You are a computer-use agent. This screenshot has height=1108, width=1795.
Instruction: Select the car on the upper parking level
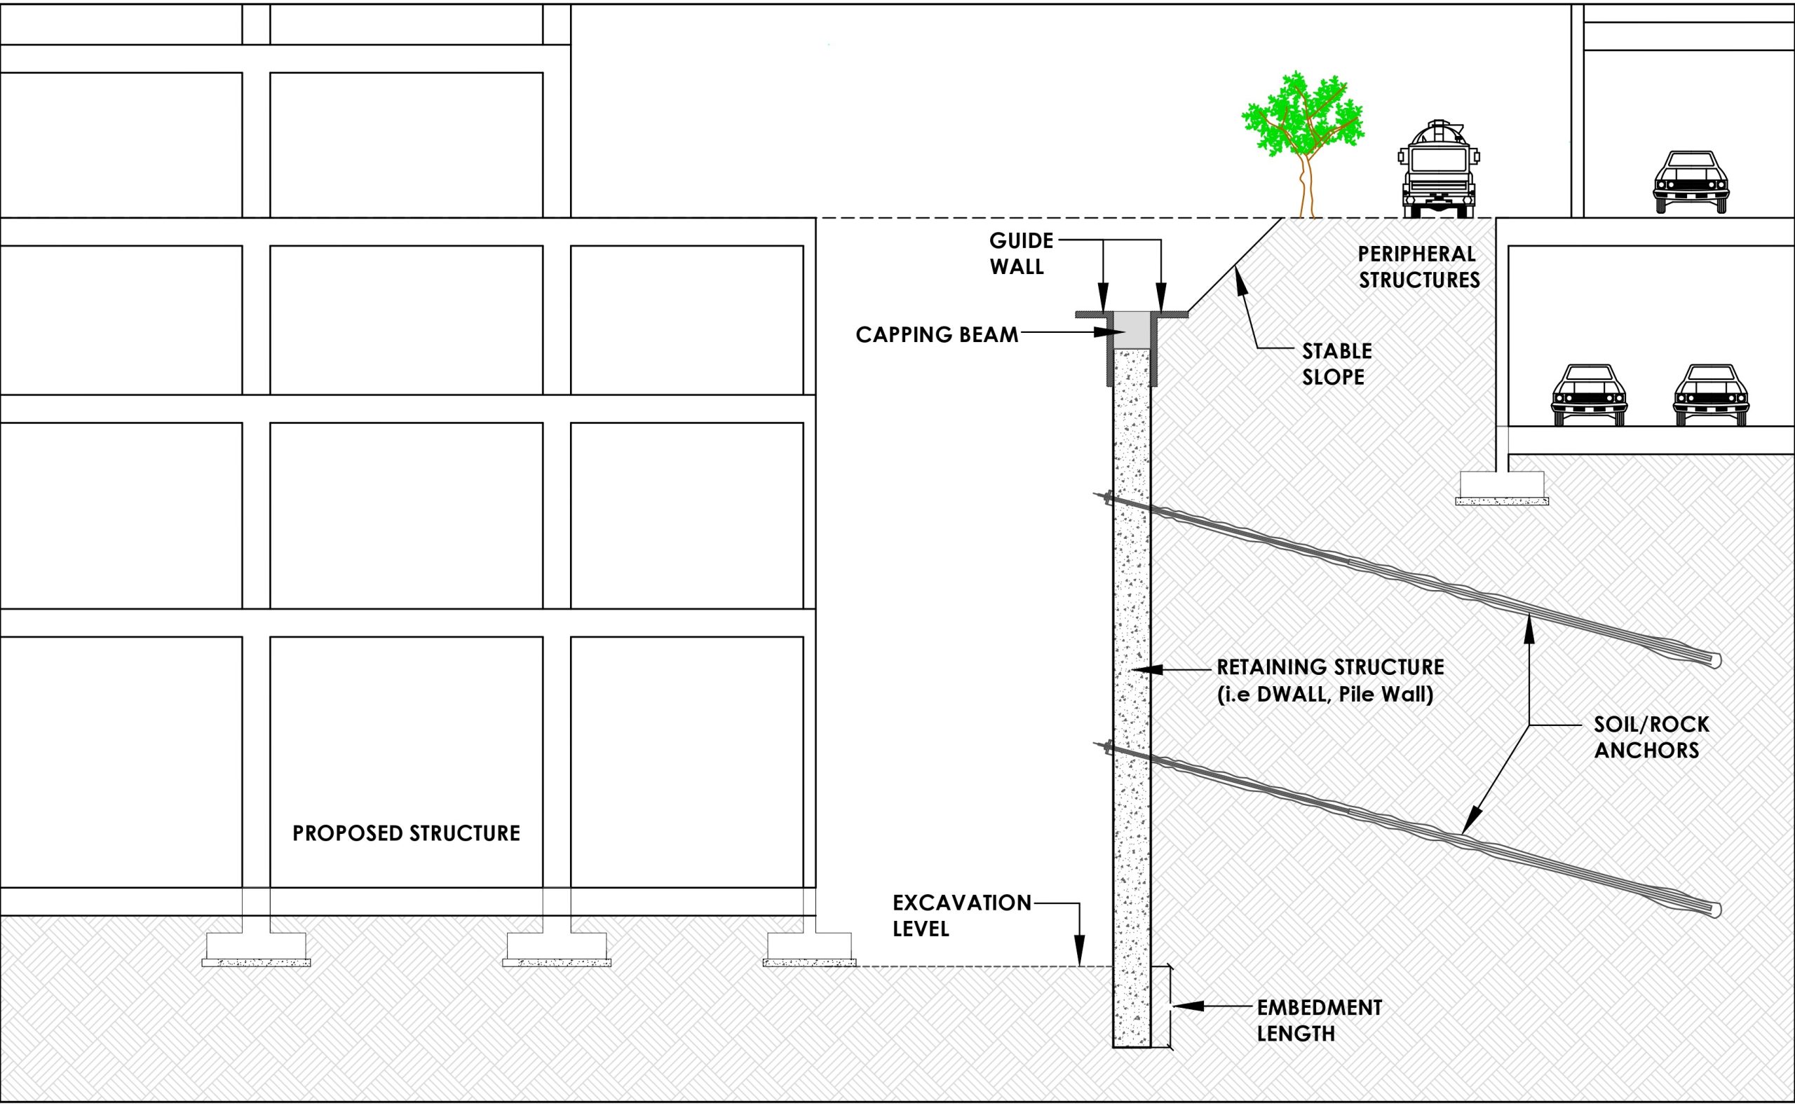coord(1691,182)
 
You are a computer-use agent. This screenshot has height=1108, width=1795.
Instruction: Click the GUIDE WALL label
coord(1021,254)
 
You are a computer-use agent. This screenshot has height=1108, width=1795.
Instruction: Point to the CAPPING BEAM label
coord(936,335)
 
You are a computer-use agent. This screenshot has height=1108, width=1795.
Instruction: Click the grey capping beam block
coord(1132,331)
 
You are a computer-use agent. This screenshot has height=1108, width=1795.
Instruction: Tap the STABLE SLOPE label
coord(1336,364)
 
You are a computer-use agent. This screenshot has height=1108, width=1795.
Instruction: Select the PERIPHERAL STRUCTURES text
coord(1418,267)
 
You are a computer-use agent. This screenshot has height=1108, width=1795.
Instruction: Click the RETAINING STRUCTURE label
coord(1329,680)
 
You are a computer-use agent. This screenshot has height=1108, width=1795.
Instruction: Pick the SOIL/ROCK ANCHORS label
coord(1651,737)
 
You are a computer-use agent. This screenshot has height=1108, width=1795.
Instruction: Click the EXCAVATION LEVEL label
coord(961,915)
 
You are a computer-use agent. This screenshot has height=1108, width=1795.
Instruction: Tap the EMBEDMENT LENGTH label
coord(1319,1020)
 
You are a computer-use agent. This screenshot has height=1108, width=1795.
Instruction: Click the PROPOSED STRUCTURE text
coord(406,833)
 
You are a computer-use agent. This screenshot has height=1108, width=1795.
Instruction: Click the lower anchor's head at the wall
coord(1106,748)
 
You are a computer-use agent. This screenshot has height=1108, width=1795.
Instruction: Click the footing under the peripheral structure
coord(1501,488)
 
